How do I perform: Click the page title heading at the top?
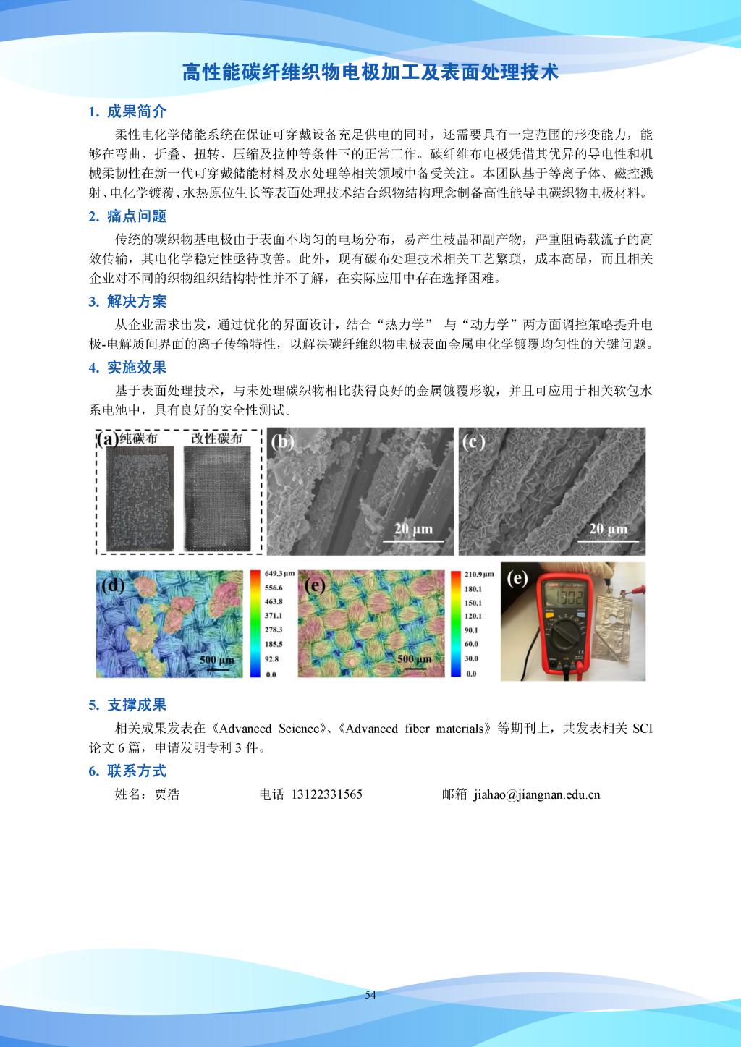[x=370, y=73]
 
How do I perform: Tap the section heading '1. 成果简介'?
[x=127, y=111]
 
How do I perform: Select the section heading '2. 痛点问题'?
[x=127, y=216]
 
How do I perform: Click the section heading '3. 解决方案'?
[x=127, y=302]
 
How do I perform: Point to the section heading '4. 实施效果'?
[x=127, y=368]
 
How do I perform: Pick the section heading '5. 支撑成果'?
[x=127, y=705]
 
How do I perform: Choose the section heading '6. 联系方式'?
[x=127, y=771]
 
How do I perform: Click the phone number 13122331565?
[x=326, y=794]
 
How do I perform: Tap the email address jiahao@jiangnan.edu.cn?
[x=537, y=794]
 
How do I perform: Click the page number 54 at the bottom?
[x=370, y=995]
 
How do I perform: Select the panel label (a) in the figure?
[x=107, y=439]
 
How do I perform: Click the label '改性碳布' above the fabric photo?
[x=216, y=439]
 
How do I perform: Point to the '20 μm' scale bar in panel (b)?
[x=412, y=529]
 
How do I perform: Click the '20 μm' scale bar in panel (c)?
[x=608, y=529]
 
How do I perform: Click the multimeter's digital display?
[x=561, y=596]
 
